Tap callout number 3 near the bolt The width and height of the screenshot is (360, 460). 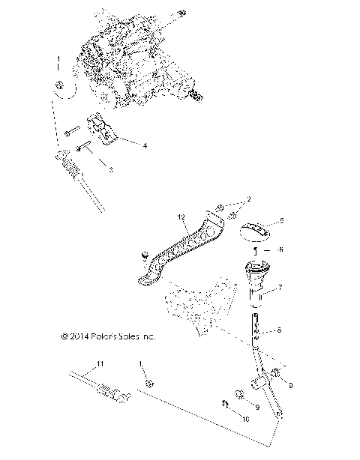[111, 171]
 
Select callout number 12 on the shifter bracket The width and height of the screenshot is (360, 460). [180, 218]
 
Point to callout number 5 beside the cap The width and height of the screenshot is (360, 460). [282, 221]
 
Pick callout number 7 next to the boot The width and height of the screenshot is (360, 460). [280, 288]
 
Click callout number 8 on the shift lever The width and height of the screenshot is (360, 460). [280, 330]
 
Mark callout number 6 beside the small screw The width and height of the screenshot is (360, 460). [282, 250]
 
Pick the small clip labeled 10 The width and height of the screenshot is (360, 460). [224, 406]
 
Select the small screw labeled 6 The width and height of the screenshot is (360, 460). [256, 250]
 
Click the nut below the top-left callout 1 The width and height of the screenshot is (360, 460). [59, 89]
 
